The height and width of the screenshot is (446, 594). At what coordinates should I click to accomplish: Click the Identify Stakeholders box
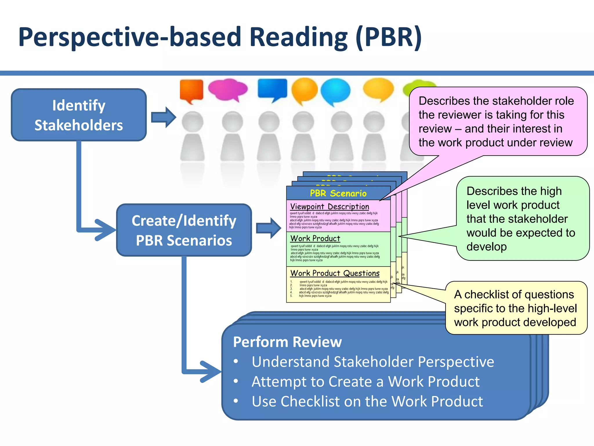point(79,115)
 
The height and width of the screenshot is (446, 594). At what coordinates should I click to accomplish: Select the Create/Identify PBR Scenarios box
point(184,230)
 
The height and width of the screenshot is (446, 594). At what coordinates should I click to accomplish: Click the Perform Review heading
point(287,342)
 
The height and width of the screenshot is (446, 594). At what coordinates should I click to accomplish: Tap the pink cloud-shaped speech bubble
point(228,89)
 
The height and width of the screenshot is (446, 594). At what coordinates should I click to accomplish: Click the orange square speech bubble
point(191,90)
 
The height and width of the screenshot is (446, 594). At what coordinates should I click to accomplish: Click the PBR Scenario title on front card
point(338,193)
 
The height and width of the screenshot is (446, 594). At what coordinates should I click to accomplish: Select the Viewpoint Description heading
point(329,206)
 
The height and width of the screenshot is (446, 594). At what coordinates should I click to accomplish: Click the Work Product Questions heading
point(335,273)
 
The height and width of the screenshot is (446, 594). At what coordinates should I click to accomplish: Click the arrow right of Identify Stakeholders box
point(164,117)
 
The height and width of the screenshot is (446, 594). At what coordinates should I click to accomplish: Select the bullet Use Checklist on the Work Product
point(367,401)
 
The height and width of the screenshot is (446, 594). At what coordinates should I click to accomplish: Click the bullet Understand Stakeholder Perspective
point(373,362)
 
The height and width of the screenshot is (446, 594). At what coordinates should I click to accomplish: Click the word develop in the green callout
point(486,247)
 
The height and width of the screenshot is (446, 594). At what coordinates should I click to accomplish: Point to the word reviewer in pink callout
point(462,115)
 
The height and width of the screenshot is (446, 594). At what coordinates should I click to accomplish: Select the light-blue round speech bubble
point(336,91)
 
